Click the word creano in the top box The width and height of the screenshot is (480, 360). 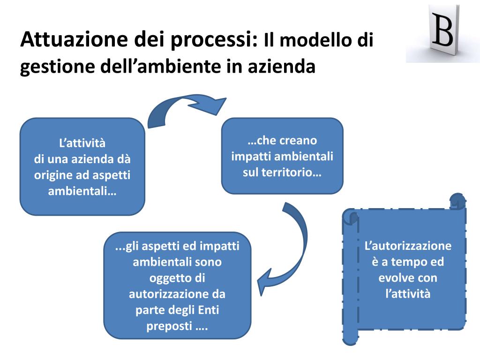click(299, 140)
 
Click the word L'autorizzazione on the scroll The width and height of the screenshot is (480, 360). click(408, 246)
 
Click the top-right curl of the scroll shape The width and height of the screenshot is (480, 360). click(457, 201)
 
